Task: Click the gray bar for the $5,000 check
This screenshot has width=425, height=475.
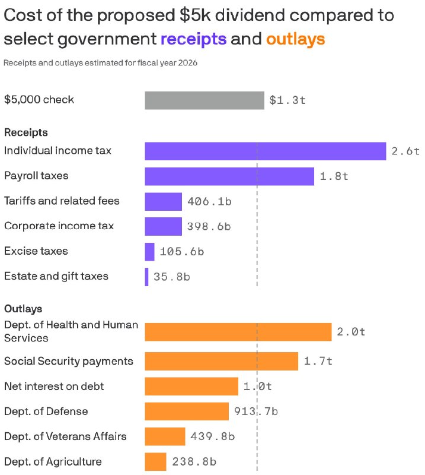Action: click(204, 100)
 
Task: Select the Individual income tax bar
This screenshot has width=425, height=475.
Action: click(266, 151)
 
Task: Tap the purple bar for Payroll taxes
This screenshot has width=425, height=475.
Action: click(229, 176)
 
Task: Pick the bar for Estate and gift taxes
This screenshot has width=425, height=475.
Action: click(147, 277)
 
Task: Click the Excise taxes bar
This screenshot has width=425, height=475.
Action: click(149, 252)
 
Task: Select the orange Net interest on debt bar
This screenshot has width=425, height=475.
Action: click(191, 387)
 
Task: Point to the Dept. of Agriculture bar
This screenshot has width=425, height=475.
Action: click(155, 462)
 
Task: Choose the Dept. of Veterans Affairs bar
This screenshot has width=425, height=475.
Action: click(165, 436)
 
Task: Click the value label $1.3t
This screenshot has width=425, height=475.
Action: click(287, 100)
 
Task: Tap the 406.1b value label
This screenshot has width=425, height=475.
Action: click(209, 201)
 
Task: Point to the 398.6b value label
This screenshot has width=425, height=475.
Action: click(209, 227)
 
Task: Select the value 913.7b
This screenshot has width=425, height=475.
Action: click(256, 411)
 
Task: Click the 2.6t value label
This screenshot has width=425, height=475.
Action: click(405, 151)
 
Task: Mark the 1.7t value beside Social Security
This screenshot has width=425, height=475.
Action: click(318, 361)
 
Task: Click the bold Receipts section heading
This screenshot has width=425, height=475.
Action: click(26, 132)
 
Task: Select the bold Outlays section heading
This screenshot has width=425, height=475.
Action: click(23, 309)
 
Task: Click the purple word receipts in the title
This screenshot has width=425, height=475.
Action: click(194, 39)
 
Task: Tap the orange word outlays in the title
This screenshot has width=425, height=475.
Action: click(296, 39)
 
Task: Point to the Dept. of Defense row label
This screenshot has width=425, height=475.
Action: click(46, 411)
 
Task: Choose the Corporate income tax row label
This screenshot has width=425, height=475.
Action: click(59, 226)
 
